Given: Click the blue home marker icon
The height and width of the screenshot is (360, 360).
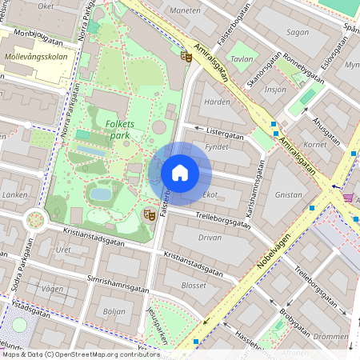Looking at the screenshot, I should point(180,173).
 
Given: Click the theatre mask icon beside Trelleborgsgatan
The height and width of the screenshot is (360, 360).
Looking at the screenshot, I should point(149,214).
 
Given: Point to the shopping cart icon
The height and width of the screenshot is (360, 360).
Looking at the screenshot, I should point(347,196).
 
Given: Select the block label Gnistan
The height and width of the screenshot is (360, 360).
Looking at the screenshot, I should point(288,194).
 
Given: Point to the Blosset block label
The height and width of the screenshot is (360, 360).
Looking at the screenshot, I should point(194,285).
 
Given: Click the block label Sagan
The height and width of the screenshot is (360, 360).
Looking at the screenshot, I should point(297,32).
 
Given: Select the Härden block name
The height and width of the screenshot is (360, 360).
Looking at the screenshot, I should point(217,102).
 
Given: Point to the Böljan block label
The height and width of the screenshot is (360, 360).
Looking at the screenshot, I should point(114,311).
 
